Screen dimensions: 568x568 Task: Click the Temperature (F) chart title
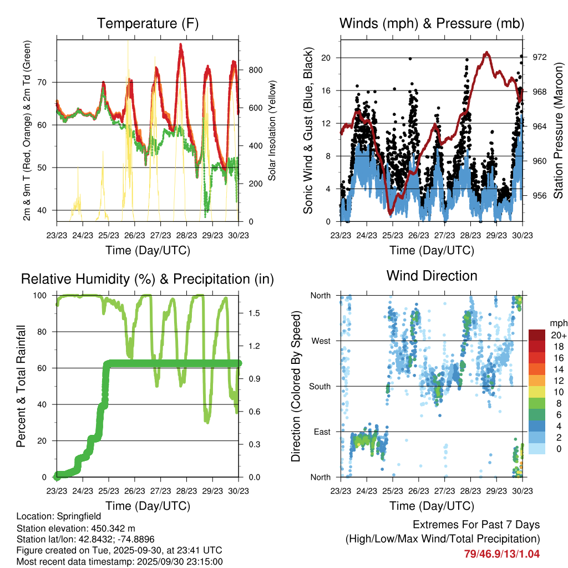pos(148,23)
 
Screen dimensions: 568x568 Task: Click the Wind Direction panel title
pos(432,276)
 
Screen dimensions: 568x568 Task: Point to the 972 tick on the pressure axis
pos(540,57)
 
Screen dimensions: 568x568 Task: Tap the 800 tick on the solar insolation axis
pos(255,70)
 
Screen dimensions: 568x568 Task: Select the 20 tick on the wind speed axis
pos(326,58)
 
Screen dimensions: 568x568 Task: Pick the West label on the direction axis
pos(320,341)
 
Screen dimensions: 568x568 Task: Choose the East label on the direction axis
pos(321,432)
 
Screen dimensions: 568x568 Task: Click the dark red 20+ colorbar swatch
pos(537,336)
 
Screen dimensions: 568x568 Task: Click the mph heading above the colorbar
pos(558,323)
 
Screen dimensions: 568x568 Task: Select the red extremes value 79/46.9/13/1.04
pos(502,554)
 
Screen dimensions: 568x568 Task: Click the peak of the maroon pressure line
pos(486,52)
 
